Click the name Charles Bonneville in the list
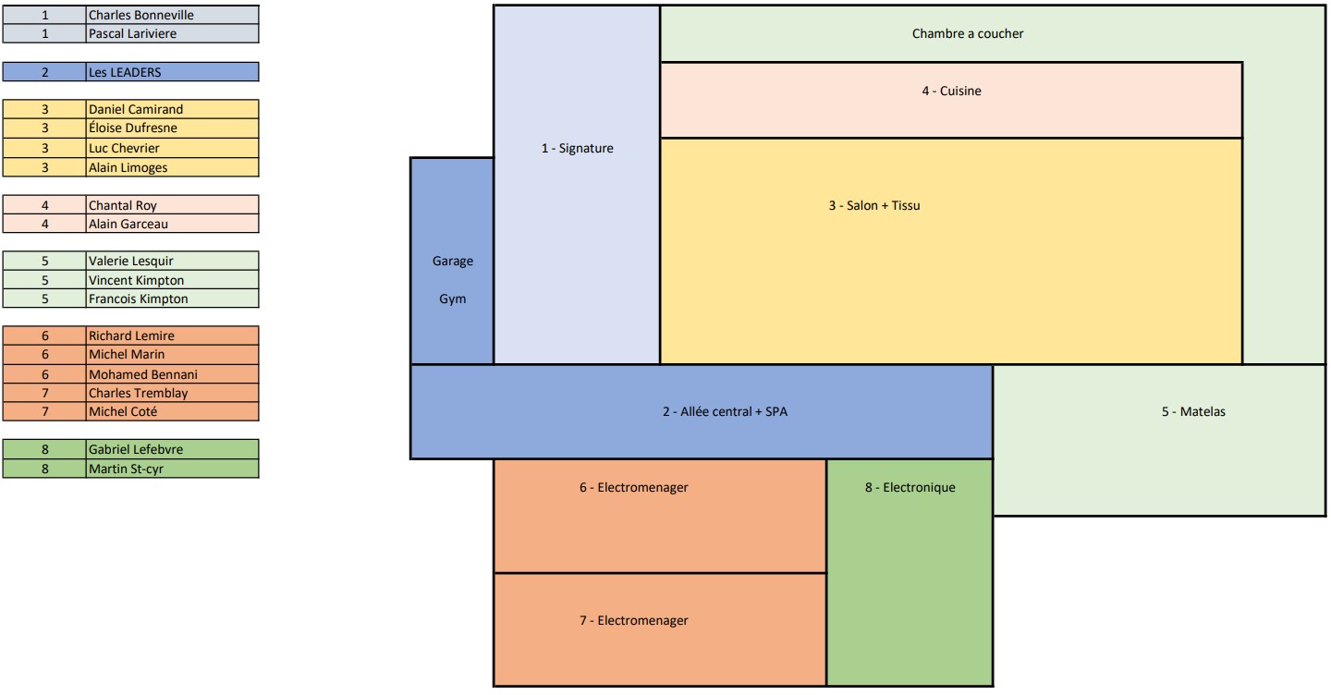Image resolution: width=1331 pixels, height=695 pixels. click(x=141, y=15)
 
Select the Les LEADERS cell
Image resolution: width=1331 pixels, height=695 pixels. click(x=125, y=72)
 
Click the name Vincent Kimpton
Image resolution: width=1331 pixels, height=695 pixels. click(x=136, y=280)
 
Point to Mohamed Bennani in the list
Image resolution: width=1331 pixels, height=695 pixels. click(x=143, y=374)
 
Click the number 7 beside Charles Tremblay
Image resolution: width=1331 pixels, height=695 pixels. click(x=44, y=393)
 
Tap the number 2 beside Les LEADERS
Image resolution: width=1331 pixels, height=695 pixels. click(x=44, y=72)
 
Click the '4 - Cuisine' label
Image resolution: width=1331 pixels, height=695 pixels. click(x=951, y=91)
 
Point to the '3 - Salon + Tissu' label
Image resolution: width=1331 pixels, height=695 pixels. click(x=874, y=205)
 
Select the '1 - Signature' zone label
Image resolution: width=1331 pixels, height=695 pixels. click(x=577, y=148)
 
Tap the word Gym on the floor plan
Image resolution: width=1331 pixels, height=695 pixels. click(x=452, y=299)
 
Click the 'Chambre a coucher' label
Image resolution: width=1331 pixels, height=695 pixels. click(x=967, y=34)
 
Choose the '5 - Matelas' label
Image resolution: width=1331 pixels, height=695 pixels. click(x=1193, y=411)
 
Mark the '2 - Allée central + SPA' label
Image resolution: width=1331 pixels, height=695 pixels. click(x=725, y=411)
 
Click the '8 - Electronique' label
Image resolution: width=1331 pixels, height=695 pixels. click(x=910, y=487)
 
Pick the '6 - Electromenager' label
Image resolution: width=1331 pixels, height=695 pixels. click(x=633, y=487)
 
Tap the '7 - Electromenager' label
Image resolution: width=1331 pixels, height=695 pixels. click(x=633, y=620)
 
